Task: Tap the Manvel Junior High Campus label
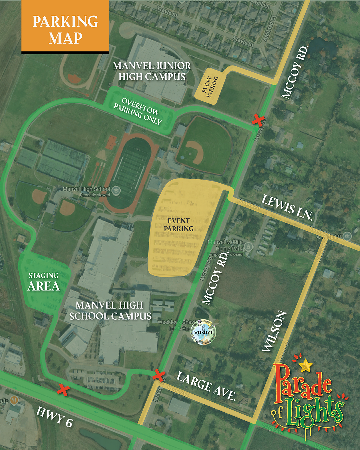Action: coord(152,71)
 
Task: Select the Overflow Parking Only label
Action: coord(137,111)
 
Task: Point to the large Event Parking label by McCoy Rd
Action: coord(179,225)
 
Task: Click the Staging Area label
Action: coord(44,282)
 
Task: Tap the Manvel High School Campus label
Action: coord(110,311)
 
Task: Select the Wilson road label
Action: coord(274,331)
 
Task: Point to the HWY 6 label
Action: coord(54,417)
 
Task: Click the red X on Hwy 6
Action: coord(63,390)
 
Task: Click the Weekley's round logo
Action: coord(203,332)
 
